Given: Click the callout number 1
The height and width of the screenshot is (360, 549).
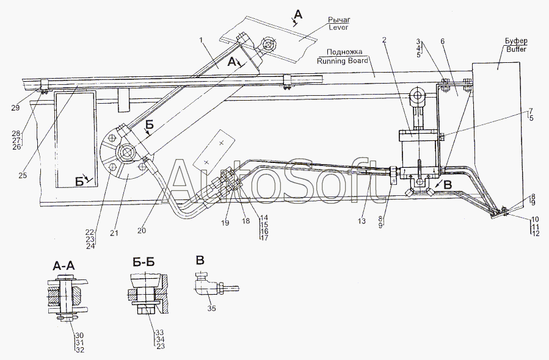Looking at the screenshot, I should [x=200, y=41].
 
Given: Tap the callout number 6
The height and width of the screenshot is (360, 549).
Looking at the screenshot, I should [x=443, y=40].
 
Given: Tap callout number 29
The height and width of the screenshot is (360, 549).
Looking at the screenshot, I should [x=15, y=107].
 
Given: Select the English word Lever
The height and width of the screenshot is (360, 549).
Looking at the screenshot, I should [x=338, y=27].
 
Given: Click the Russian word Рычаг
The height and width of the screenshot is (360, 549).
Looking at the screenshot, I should [x=338, y=20].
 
